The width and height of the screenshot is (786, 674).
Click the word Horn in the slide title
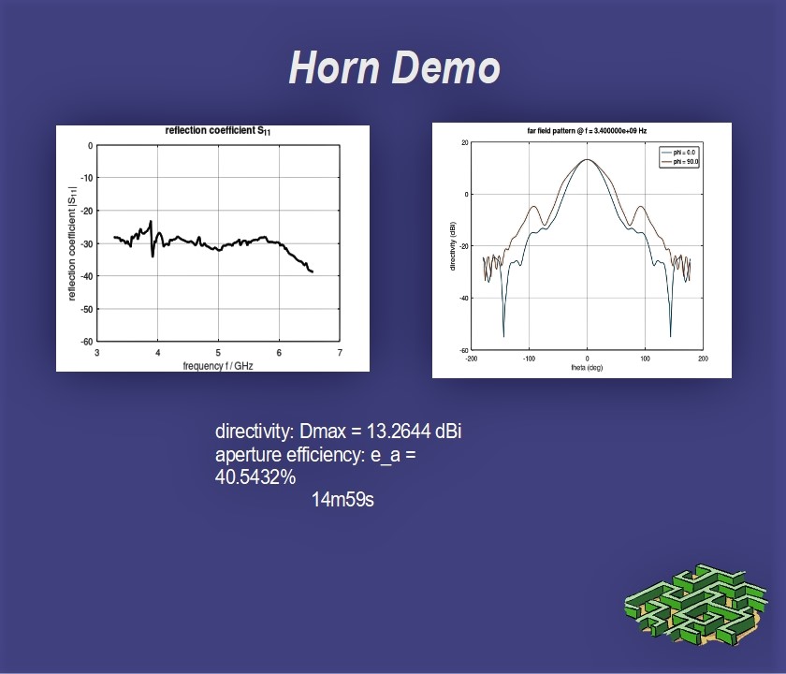(x=334, y=67)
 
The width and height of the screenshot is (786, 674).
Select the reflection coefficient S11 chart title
(x=217, y=131)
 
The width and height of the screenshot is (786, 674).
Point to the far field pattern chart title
(x=587, y=131)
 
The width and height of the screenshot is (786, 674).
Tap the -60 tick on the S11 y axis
(x=87, y=342)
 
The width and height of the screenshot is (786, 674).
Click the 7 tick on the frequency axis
(x=340, y=353)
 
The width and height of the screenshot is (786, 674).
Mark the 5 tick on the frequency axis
(x=218, y=353)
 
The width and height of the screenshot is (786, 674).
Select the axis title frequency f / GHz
(x=217, y=366)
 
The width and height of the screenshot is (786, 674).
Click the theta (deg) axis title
(x=587, y=368)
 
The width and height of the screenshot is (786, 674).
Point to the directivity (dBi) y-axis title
(x=453, y=245)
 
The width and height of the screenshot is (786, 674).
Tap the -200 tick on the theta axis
(x=472, y=359)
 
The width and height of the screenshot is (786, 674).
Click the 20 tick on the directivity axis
(x=465, y=143)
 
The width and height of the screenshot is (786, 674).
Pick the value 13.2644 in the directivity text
(x=399, y=432)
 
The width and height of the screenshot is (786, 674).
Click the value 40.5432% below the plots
(x=255, y=476)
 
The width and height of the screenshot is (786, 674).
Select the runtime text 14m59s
(x=342, y=500)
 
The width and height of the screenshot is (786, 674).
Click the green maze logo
(x=696, y=605)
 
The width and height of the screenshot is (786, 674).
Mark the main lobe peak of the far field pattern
(x=587, y=159)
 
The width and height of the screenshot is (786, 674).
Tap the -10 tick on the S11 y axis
(x=87, y=178)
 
